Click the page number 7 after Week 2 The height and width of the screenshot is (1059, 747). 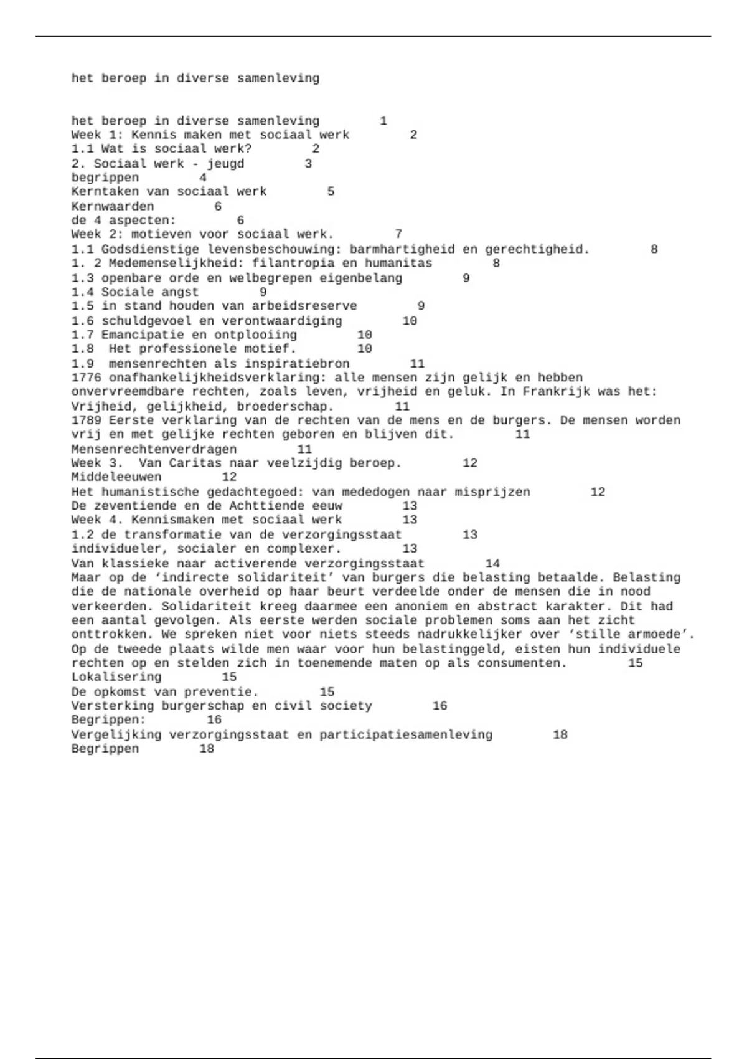[x=398, y=234]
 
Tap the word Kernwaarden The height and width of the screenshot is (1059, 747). [x=112, y=206]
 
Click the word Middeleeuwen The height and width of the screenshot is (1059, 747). [x=116, y=477]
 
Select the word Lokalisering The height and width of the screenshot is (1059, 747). [x=116, y=677]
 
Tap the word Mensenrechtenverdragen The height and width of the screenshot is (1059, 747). [x=154, y=449]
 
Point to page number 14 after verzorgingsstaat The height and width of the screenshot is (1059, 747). [x=492, y=563]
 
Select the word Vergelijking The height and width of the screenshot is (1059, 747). [x=116, y=734]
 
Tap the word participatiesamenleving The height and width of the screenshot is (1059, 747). [x=406, y=734]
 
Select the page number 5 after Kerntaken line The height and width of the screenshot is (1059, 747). [x=331, y=191]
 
